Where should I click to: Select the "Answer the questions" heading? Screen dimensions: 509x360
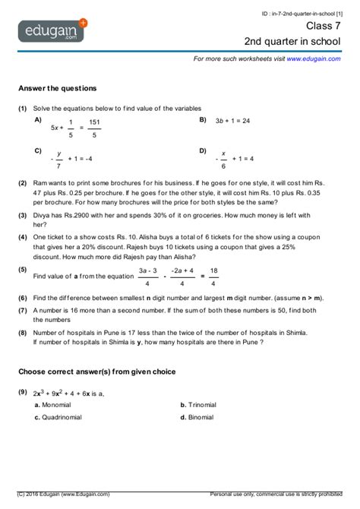[x=57, y=88]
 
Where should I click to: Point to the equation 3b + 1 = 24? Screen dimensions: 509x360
[x=233, y=121]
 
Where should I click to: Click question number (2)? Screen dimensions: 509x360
[x=24, y=183]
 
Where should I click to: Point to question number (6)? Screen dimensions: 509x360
[x=24, y=298]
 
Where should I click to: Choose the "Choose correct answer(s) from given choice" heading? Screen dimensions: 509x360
[x=97, y=371]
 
